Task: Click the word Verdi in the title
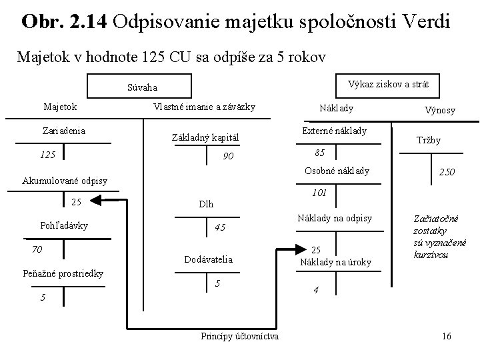click(x=423, y=22)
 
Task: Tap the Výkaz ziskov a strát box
click(x=389, y=84)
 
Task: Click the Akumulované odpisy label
click(x=61, y=181)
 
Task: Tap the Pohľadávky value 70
click(x=38, y=249)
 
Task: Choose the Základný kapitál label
click(x=205, y=138)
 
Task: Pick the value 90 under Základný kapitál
click(x=228, y=157)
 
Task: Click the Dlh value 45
click(x=221, y=227)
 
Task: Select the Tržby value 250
click(x=447, y=172)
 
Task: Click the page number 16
click(x=446, y=335)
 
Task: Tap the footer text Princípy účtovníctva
click(x=240, y=335)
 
